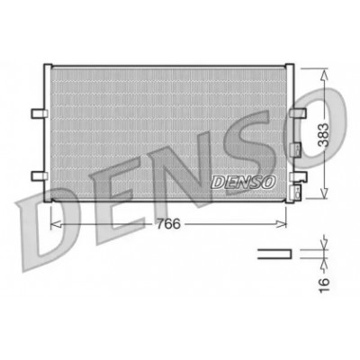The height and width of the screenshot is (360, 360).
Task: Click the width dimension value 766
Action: tap(168, 224)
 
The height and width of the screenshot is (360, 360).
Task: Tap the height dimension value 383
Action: tap(324, 135)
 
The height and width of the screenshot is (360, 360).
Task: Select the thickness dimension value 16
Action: tap(324, 284)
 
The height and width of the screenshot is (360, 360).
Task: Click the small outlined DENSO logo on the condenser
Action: tap(243, 182)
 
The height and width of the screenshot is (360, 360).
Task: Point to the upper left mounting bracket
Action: tap(40, 113)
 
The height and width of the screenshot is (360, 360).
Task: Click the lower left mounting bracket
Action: tap(40, 176)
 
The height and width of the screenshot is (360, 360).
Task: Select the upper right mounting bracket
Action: tap(298, 113)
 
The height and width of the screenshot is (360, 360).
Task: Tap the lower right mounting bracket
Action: tap(299, 176)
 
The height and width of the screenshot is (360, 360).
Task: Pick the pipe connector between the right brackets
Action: tap(295, 149)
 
